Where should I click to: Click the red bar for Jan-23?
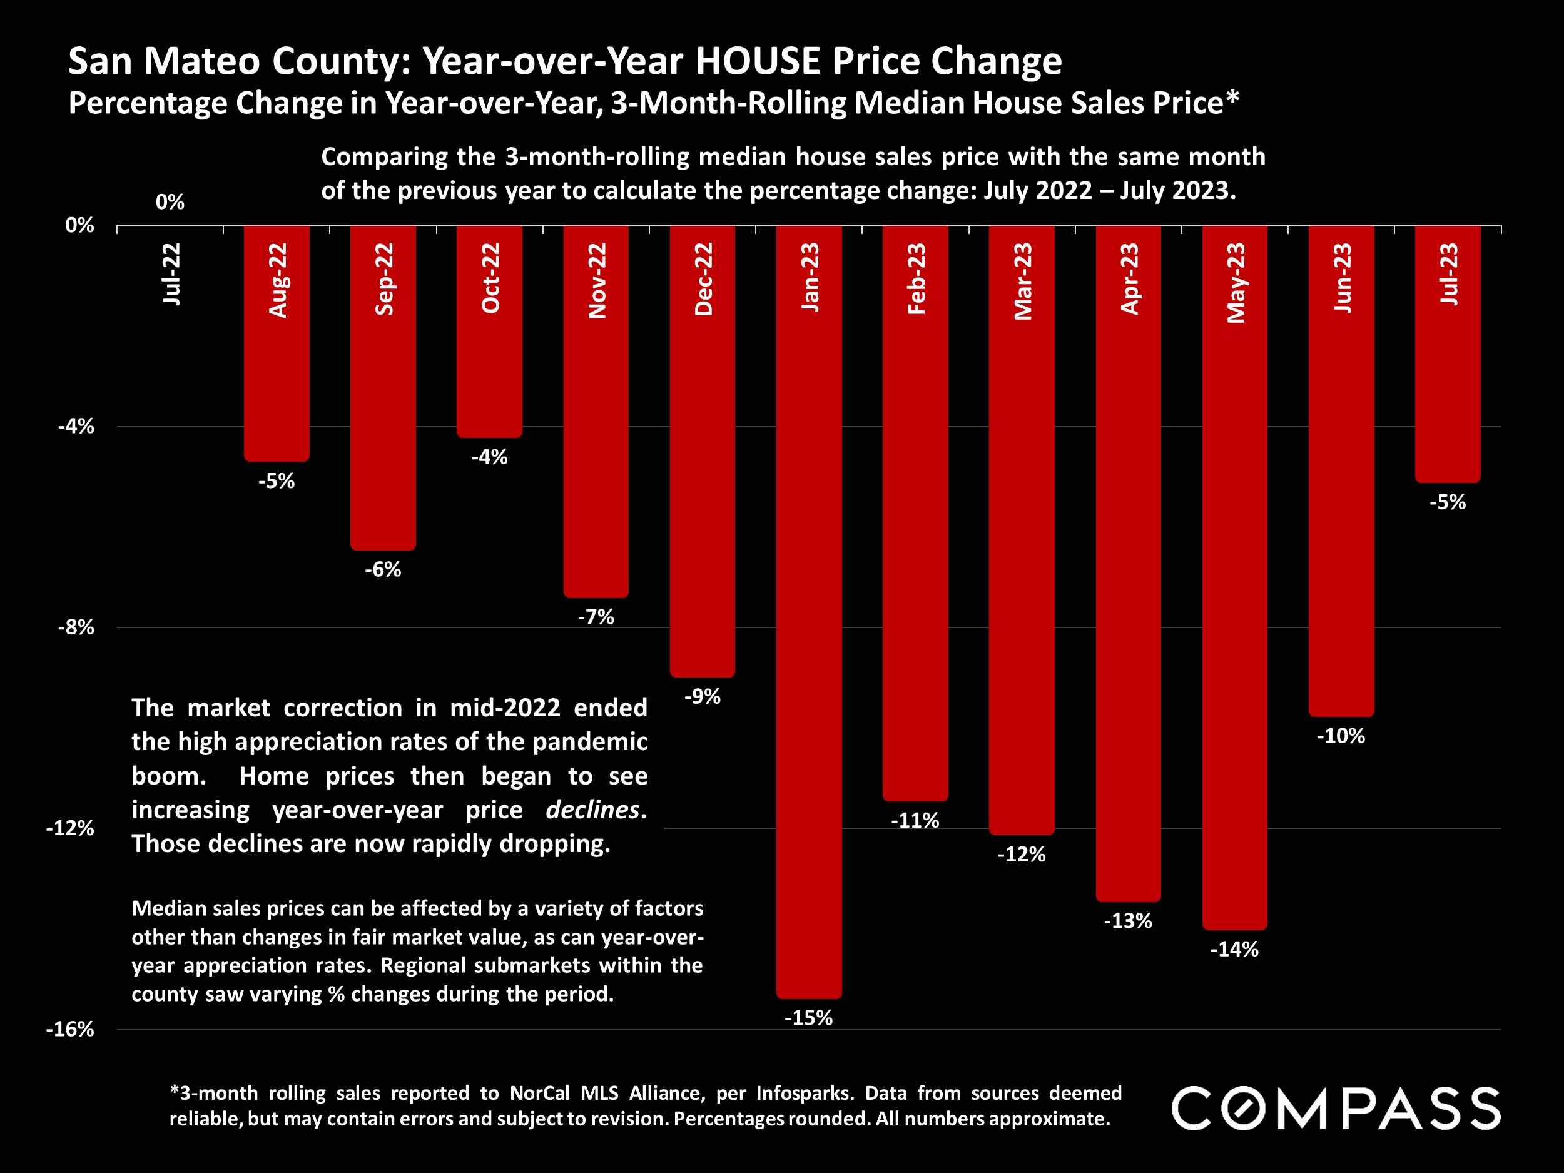[x=809, y=636]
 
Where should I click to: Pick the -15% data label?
[x=809, y=1017]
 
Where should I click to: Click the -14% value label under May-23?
[x=1234, y=949]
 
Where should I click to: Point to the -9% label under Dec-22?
[x=702, y=696]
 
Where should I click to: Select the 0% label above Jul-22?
[x=170, y=202]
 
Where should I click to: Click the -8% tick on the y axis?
[x=76, y=627]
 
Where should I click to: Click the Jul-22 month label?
[x=171, y=275]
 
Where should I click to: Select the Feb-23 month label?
[x=916, y=278]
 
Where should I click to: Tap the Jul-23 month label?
[x=1448, y=275]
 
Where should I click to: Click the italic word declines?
[x=592, y=810]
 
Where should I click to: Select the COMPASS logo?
[x=1336, y=1109]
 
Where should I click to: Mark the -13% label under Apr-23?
[x=1128, y=921]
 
